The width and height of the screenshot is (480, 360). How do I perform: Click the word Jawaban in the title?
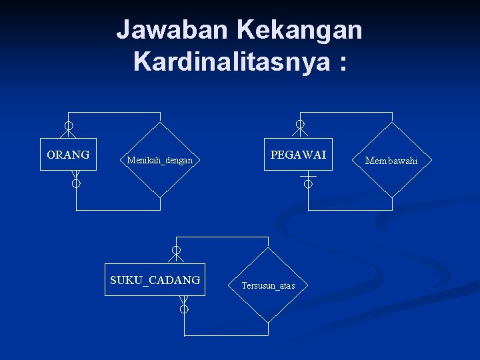[172, 29]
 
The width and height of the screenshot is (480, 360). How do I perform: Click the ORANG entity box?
[68, 155]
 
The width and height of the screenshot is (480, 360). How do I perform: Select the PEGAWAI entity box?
[298, 155]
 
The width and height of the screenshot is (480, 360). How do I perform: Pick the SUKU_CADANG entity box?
[155, 280]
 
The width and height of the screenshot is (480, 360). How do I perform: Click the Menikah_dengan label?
[160, 161]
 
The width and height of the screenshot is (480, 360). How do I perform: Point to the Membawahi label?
[391, 161]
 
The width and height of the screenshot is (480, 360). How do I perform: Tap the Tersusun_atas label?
[268, 286]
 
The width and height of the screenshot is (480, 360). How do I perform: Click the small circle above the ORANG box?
[69, 125]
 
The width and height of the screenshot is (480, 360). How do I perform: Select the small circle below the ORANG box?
[76, 183]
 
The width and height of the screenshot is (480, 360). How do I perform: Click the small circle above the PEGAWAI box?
[301, 125]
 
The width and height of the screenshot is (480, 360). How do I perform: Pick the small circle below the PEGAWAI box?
[308, 185]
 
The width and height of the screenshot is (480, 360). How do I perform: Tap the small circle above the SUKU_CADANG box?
[176, 250]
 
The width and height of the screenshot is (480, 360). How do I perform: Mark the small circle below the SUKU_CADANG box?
[184, 309]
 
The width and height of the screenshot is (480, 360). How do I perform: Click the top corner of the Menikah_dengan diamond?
[161, 122]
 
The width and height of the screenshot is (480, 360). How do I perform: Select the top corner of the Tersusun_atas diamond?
[269, 248]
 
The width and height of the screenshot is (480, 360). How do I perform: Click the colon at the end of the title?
[342, 63]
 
